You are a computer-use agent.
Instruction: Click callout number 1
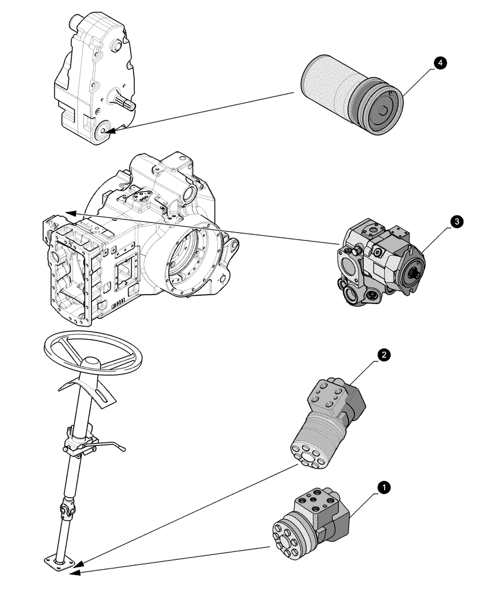coord(384,488)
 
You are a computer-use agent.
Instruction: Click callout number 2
coord(384,355)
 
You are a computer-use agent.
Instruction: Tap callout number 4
coord(439,63)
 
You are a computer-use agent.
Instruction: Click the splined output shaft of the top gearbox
coord(128,106)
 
